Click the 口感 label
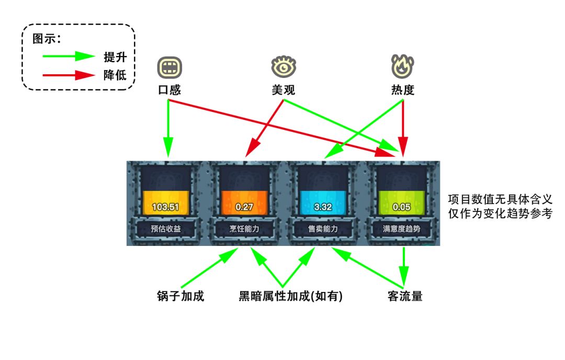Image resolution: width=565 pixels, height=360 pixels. (169, 90)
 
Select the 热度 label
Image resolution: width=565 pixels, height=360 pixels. (402, 90)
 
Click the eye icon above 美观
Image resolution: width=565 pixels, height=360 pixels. (284, 66)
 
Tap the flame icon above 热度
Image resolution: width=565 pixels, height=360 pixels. (402, 66)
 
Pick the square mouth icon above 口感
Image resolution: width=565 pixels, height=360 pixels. (169, 67)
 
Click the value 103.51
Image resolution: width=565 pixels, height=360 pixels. (165, 207)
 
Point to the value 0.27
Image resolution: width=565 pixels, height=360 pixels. (244, 207)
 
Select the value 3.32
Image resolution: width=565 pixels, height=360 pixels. (323, 207)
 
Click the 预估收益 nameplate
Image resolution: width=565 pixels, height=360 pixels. (165, 229)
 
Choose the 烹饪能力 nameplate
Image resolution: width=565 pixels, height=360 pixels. (244, 229)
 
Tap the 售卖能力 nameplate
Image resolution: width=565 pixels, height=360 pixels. (323, 229)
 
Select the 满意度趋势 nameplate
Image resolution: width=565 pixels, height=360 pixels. (402, 229)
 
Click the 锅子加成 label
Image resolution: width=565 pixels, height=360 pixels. (180, 296)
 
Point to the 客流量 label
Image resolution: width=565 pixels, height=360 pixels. (405, 296)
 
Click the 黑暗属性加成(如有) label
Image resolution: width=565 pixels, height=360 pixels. (291, 296)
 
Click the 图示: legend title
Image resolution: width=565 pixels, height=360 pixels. (47, 39)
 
